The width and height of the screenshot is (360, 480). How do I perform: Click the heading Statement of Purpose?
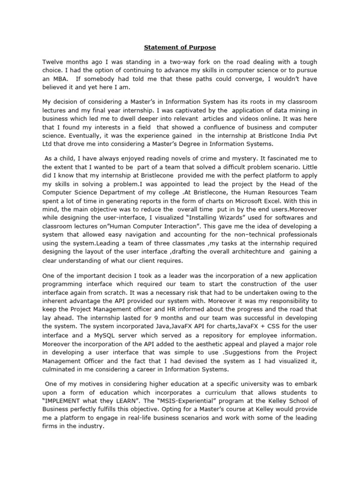(x=180, y=47)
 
